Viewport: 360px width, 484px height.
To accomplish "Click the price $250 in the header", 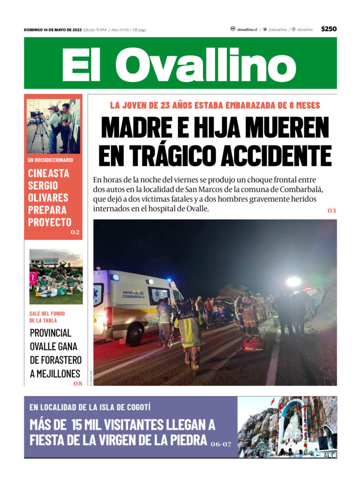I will tap(329, 29).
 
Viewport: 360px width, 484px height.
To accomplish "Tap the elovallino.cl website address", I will tap(247, 30).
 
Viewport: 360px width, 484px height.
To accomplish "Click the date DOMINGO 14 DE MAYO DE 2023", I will tap(52, 30).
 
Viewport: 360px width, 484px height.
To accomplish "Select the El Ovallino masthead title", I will tap(180, 64).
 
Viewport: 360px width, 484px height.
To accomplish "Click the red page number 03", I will tap(331, 211).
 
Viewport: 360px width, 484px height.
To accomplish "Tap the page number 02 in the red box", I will tap(75, 232).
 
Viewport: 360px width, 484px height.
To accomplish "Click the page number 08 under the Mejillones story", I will tap(77, 383).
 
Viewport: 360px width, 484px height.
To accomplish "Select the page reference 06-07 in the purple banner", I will tap(221, 443).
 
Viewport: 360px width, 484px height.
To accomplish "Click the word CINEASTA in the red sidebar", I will tap(48, 173).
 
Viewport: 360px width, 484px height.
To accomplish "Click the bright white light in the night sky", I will tap(293, 282).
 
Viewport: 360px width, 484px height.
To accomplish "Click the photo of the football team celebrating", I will tap(56, 276).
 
